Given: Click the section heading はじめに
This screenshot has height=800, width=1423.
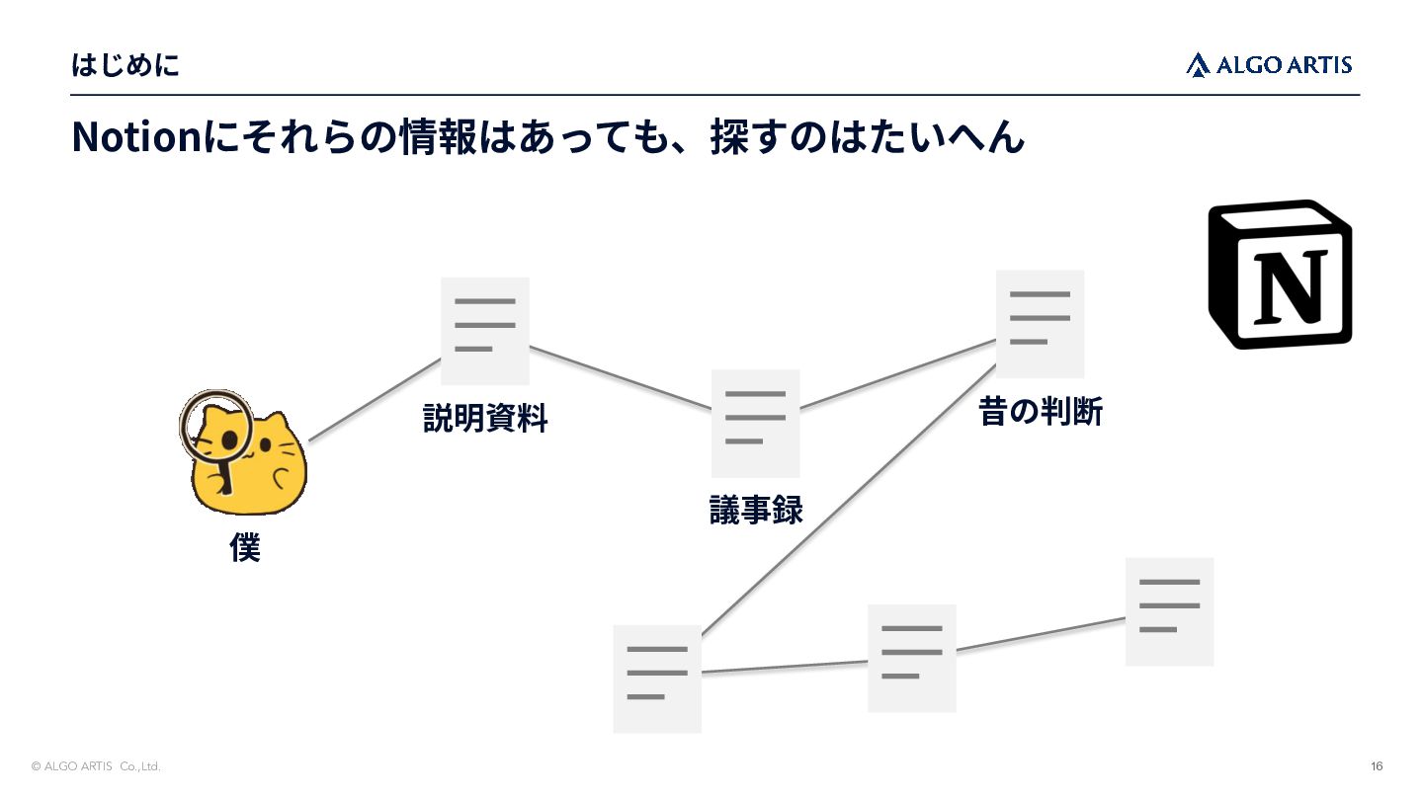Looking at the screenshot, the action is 126,65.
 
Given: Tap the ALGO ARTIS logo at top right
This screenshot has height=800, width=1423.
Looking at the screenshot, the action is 1269,65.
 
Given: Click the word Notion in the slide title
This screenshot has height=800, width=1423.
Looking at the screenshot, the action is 136,136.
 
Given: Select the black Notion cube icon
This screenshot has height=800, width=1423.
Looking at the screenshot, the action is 1280,275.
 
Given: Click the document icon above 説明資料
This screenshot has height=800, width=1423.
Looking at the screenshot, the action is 484,331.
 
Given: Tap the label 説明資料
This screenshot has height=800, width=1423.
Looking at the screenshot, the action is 484,419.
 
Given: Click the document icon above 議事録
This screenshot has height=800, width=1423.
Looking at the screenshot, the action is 755,424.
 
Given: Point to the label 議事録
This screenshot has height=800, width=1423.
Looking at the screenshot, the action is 756,510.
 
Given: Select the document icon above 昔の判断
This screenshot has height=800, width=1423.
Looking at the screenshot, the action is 1040,324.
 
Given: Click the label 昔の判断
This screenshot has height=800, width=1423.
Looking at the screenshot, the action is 1041,411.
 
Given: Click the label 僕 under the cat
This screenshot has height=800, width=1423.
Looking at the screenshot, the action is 245,547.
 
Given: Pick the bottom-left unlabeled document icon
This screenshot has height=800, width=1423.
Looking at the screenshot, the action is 657,679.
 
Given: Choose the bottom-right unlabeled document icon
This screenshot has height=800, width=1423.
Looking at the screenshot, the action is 1170,611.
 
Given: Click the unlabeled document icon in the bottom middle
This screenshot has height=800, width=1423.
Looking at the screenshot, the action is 911,658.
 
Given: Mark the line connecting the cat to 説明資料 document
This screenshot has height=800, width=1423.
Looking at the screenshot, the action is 375,400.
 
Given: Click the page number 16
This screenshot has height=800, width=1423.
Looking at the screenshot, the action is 1377,766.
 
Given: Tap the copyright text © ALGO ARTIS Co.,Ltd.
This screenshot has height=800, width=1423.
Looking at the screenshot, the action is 96,766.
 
